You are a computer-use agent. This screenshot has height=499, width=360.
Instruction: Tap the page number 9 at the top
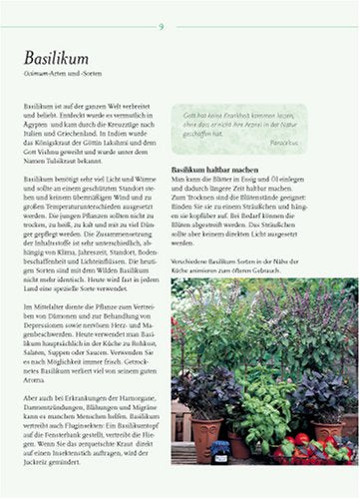point(162,24)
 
